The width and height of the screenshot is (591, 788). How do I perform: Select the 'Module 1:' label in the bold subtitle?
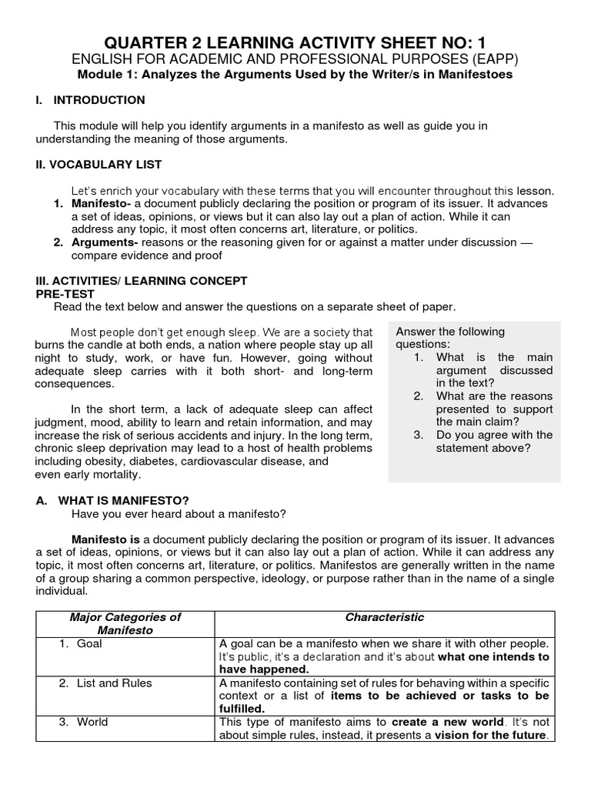(x=102, y=75)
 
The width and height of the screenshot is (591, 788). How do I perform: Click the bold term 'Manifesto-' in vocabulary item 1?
(x=101, y=204)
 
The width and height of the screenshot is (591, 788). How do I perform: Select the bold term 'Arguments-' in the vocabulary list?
(x=102, y=242)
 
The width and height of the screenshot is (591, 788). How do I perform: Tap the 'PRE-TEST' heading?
(x=65, y=293)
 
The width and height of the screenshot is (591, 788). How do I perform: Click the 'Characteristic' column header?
(x=384, y=617)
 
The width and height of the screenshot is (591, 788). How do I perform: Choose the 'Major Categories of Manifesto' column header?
(x=125, y=623)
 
